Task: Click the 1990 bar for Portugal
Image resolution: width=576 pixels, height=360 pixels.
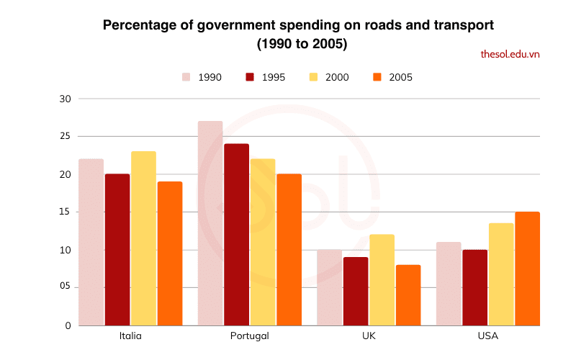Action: tap(210, 223)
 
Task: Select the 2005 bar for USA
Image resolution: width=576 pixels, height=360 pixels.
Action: tap(527, 269)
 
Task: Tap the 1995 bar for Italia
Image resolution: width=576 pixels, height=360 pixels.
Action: tap(117, 250)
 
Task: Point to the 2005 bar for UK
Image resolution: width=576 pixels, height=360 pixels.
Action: tap(408, 295)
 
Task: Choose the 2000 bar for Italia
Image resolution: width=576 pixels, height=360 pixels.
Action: tap(143, 238)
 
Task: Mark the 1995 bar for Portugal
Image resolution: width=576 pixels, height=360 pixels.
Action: tap(236, 235)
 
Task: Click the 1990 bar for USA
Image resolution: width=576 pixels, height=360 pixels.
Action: tap(448, 284)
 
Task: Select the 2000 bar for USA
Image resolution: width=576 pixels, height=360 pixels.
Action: tap(500, 274)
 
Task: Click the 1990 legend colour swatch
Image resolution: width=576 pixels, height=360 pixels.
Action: tap(186, 77)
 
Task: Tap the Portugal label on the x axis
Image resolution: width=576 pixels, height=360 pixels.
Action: tap(250, 336)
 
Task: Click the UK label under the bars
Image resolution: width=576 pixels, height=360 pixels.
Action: tap(369, 336)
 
